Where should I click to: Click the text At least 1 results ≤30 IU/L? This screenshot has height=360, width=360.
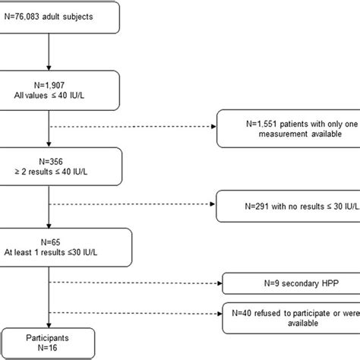(52, 247)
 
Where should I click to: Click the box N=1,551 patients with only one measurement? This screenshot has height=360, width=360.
(286, 128)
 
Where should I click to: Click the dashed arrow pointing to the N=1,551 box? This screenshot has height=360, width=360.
(129, 128)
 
